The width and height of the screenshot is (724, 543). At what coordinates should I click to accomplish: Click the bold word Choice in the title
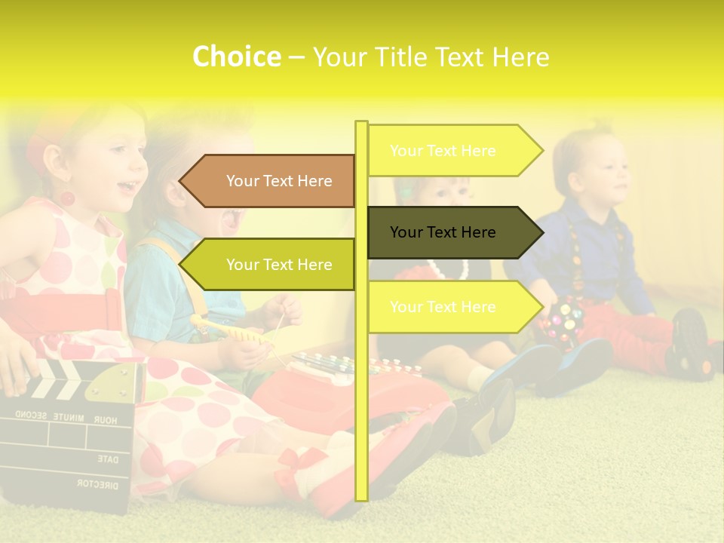236,57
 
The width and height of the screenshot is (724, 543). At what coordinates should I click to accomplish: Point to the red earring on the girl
67,198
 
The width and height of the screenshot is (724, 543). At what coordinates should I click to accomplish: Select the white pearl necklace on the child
449,268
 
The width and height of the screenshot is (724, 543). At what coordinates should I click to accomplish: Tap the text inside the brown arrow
279,181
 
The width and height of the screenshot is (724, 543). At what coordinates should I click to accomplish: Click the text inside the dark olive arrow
443,232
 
